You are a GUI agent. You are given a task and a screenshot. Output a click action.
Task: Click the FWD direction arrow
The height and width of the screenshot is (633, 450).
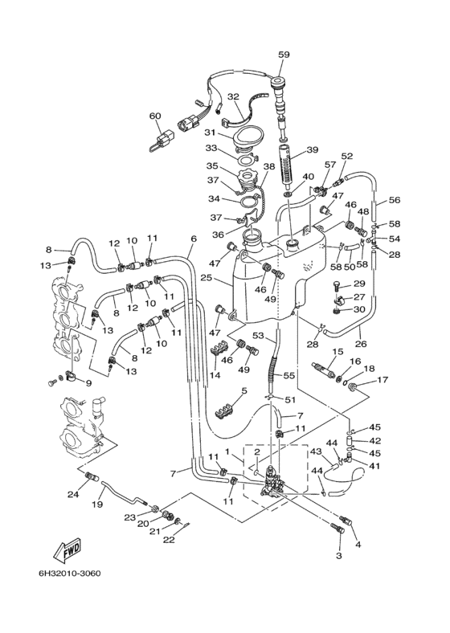point(68,550)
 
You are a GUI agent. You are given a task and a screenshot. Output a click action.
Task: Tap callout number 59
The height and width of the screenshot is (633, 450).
point(284,55)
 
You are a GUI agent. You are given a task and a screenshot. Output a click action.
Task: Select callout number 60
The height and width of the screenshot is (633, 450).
point(155,116)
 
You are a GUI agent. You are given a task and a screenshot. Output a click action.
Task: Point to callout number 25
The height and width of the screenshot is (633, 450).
point(218,279)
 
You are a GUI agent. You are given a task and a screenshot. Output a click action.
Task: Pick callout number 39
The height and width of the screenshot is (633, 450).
point(313,149)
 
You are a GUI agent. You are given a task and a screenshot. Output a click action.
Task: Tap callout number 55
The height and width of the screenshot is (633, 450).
point(289,375)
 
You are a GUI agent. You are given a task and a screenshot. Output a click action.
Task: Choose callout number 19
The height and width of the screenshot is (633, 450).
point(97,504)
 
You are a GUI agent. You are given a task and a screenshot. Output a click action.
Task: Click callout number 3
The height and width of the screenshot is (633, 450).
point(339,556)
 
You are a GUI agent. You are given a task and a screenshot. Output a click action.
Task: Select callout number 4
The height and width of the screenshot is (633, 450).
point(358,545)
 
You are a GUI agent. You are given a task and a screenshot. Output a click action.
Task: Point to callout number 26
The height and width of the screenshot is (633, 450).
point(361,344)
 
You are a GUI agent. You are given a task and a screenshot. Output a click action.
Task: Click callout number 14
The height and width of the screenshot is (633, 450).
point(215,375)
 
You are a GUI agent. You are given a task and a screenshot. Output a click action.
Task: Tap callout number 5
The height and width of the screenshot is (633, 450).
point(244,390)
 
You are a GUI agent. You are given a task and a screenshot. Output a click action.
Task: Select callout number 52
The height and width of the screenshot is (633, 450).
point(347,156)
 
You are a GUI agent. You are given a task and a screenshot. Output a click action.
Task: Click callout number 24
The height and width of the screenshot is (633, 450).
point(74,493)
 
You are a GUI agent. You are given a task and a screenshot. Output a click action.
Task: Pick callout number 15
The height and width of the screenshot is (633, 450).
point(337,352)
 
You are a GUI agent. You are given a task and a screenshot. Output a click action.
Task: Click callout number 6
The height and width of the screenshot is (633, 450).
point(194,239)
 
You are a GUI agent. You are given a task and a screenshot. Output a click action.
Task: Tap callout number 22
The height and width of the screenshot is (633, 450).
point(169,540)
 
